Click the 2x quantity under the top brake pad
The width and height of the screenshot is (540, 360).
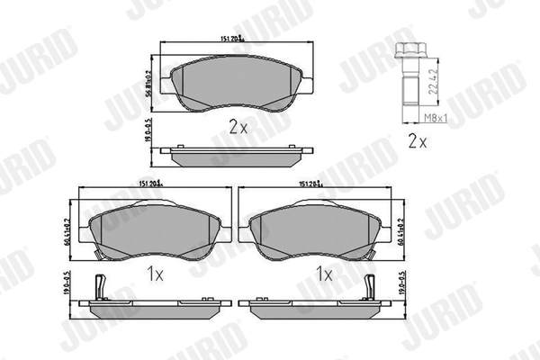(238, 128)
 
